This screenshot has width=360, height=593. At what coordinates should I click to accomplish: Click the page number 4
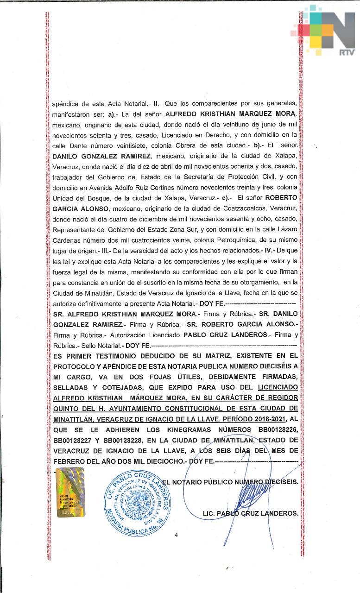coord(177,535)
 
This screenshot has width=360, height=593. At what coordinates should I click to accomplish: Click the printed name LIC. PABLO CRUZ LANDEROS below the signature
coord(251,513)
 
